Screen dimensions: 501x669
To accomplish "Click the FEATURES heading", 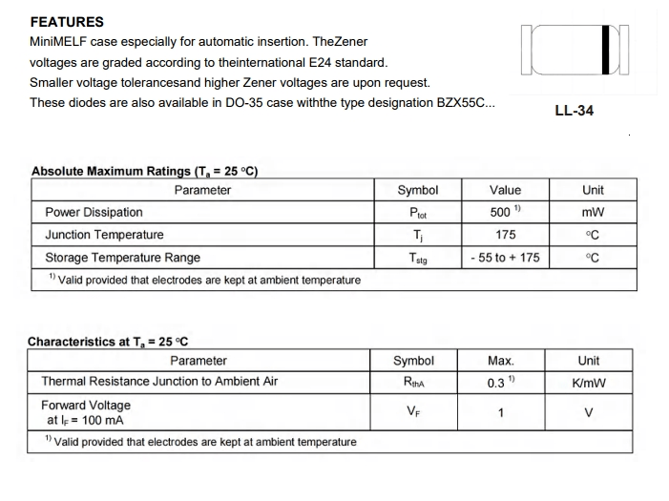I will pyautogui.click(x=67, y=22).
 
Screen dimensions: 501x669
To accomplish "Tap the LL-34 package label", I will pyautogui.click(x=574, y=111).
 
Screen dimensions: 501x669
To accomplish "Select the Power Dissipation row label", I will pyautogui.click(x=94, y=212).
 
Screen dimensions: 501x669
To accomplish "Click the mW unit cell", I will pyautogui.click(x=592, y=212).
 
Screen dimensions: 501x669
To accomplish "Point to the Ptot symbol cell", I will pyautogui.click(x=417, y=213).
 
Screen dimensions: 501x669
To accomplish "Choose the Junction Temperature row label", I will pyautogui.click(x=104, y=235).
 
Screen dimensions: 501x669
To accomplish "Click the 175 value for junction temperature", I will pyautogui.click(x=505, y=235).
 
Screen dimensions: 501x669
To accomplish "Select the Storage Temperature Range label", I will pyautogui.click(x=122, y=258).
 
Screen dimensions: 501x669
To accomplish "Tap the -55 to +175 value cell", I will pyautogui.click(x=505, y=258).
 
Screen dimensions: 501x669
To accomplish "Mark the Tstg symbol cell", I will pyautogui.click(x=417, y=258).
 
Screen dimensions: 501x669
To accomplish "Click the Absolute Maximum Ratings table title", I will pyautogui.click(x=145, y=172).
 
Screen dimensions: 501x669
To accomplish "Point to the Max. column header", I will pyautogui.click(x=501, y=361).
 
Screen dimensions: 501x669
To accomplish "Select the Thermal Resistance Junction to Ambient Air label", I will pyautogui.click(x=159, y=382).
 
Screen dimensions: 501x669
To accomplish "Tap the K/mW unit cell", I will pyautogui.click(x=589, y=383).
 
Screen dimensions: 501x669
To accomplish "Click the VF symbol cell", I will pyautogui.click(x=413, y=412).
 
